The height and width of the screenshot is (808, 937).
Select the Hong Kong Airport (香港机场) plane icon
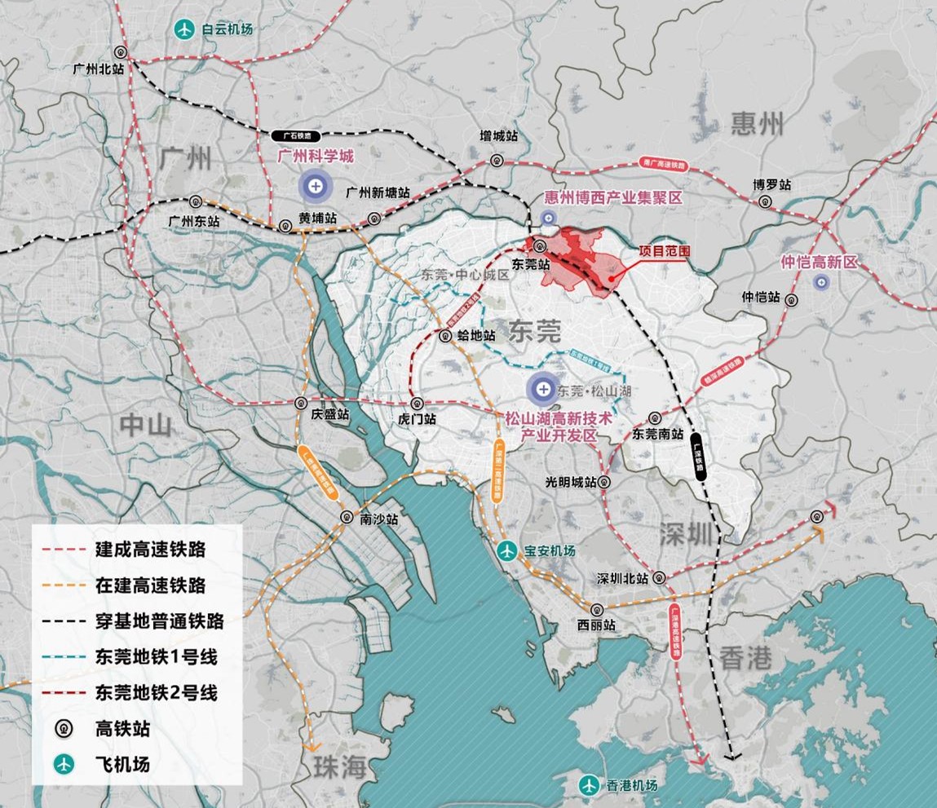coord(589,785)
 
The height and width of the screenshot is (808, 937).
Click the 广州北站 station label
coord(97,70)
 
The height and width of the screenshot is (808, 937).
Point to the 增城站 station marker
coord(496,160)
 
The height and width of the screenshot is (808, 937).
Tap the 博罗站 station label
coord(773,185)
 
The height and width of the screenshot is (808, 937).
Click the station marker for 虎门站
coord(418,403)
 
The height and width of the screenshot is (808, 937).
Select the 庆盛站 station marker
coord(302,403)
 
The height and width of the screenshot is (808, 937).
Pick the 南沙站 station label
coord(378,519)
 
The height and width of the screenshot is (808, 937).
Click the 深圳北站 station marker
coord(659,578)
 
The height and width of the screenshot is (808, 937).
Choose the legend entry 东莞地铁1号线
coord(156,656)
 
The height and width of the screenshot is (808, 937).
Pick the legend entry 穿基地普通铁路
coord(159,621)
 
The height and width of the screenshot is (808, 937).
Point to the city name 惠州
coord(758,125)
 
